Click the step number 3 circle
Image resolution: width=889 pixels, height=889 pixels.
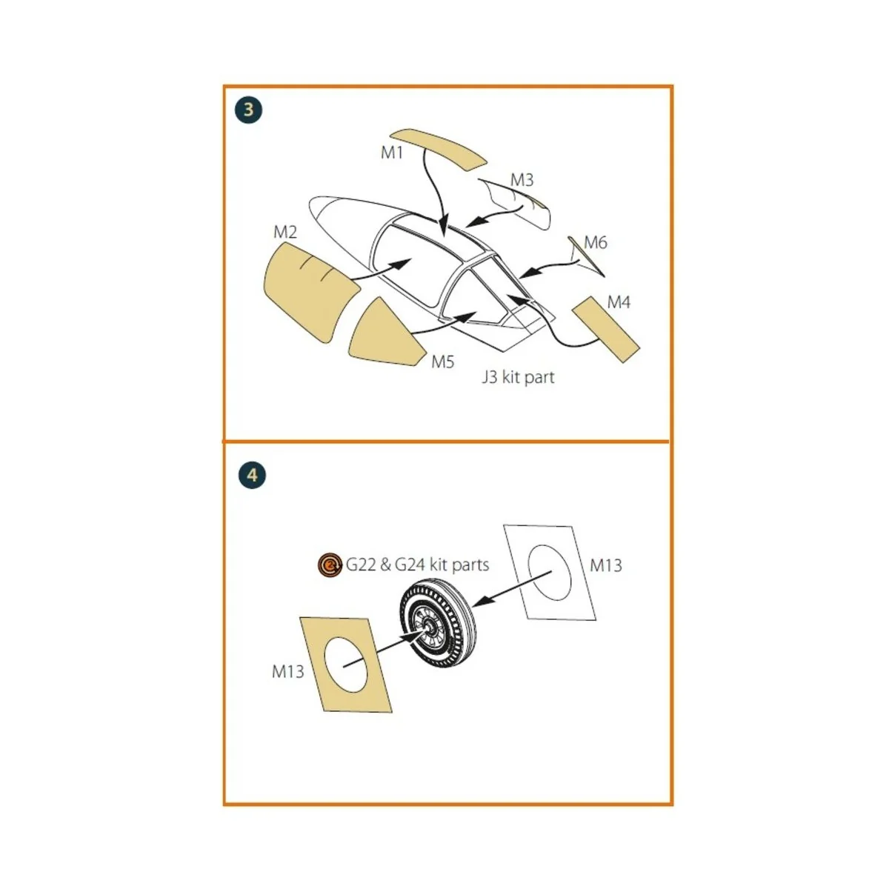click(x=248, y=110)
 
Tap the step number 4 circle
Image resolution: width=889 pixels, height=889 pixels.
click(x=253, y=474)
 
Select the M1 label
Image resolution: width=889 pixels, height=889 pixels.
click(x=392, y=153)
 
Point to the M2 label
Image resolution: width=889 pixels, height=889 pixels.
click(x=285, y=232)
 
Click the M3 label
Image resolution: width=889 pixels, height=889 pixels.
click(x=522, y=179)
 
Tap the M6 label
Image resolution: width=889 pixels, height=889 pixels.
click(x=595, y=242)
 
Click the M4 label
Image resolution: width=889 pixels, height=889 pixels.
click(x=618, y=302)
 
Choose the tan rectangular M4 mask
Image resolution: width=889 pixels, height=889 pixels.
click(x=605, y=329)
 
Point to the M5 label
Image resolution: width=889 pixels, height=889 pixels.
click(x=442, y=362)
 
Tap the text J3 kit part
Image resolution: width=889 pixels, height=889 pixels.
click(x=518, y=377)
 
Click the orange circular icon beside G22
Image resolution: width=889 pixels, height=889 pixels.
click(x=330, y=565)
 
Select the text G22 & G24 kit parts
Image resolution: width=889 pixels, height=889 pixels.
click(x=417, y=565)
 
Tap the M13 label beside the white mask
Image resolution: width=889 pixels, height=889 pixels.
click(x=606, y=565)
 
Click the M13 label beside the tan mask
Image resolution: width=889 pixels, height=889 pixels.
click(x=288, y=671)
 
